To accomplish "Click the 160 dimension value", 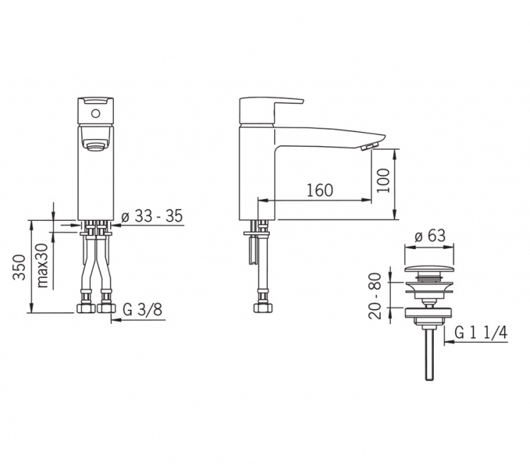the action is [x=319, y=190].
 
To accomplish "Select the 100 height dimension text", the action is [x=384, y=181].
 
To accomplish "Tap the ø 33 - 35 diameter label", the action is [x=152, y=216].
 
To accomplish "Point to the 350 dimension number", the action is [x=20, y=267].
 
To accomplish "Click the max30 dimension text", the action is [x=42, y=265].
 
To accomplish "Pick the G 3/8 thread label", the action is [x=142, y=310].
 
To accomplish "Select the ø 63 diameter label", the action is [x=430, y=236].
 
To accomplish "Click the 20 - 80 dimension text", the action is [x=375, y=296].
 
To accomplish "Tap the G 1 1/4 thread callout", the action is [x=481, y=332].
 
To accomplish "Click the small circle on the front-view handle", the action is [x=95, y=114].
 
